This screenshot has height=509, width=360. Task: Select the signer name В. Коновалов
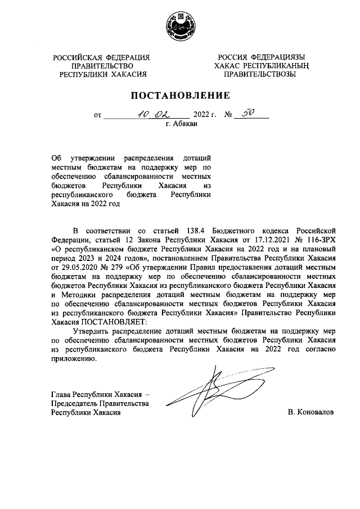[x=310, y=412]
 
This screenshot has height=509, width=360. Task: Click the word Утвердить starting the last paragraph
[x=92, y=331]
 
